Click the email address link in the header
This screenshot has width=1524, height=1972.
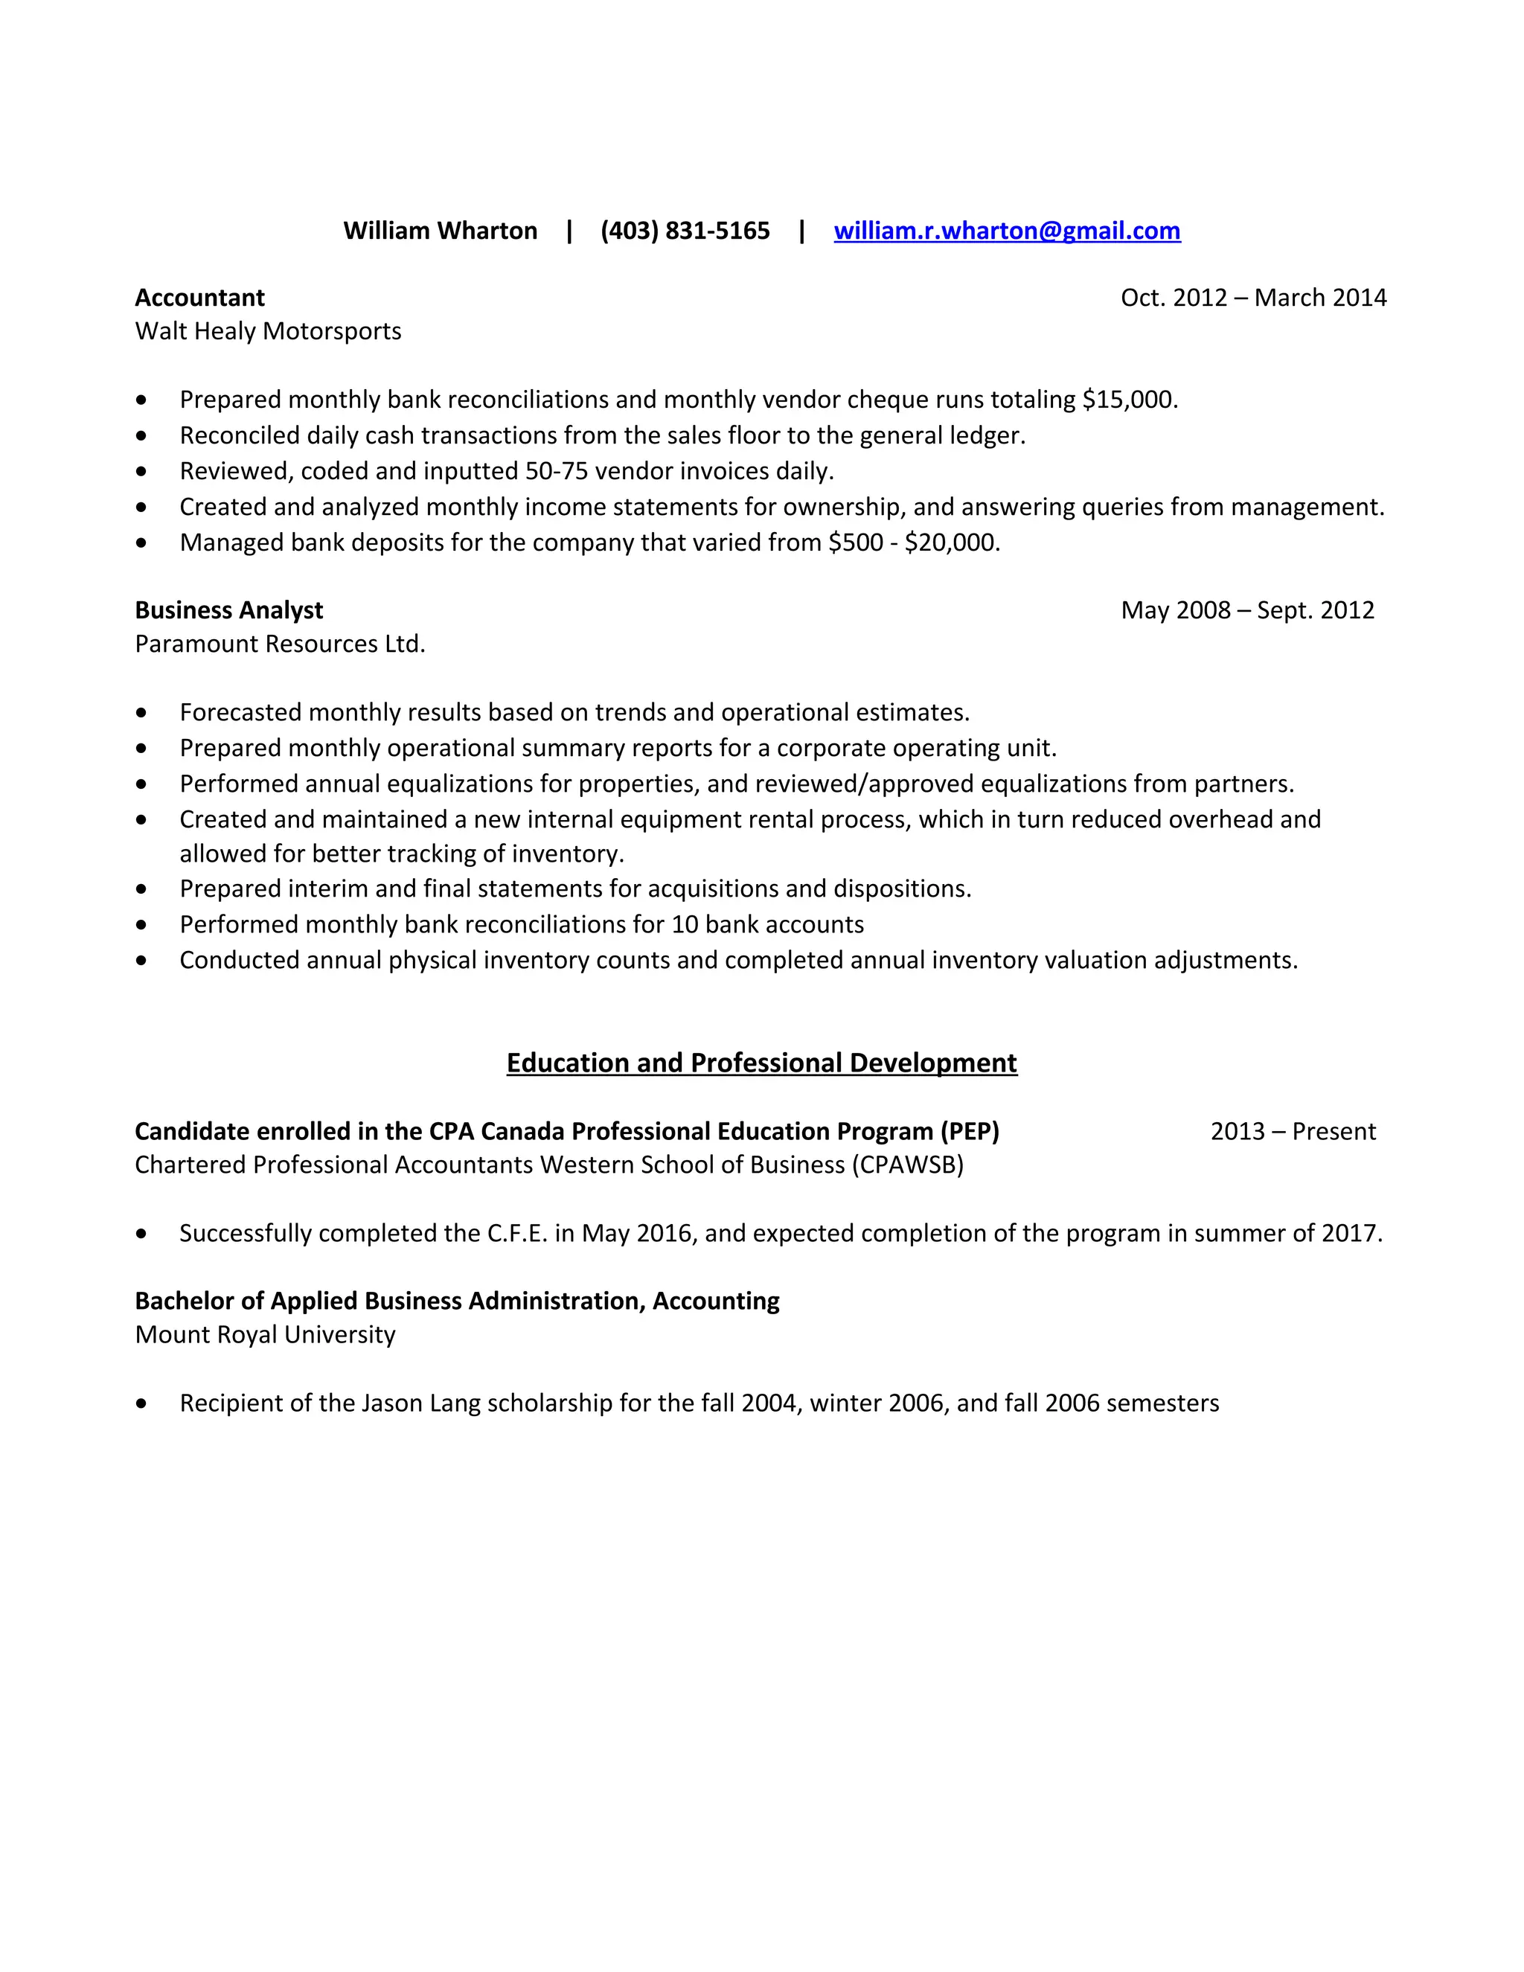tap(1007, 231)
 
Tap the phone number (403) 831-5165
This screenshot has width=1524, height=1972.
tap(685, 231)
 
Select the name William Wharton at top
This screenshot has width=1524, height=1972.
tap(440, 231)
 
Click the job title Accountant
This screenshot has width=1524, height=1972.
tap(199, 298)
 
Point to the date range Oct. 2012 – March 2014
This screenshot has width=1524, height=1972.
tap(1253, 298)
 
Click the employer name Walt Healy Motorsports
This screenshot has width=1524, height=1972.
tap(268, 331)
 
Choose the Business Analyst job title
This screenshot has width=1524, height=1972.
tap(228, 610)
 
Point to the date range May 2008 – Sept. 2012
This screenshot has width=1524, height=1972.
tap(1247, 610)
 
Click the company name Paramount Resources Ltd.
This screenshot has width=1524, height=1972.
tap(280, 644)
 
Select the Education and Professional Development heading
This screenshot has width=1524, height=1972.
tap(761, 1063)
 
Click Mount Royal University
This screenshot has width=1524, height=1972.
tap(266, 1334)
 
